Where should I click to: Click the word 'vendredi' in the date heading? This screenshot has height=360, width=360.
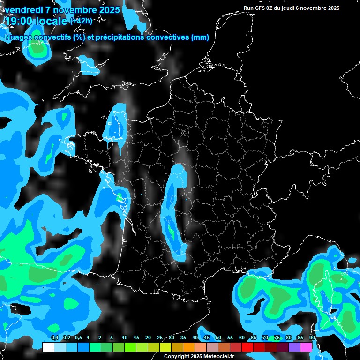(23, 9)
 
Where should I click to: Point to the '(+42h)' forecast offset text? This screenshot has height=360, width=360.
(81, 21)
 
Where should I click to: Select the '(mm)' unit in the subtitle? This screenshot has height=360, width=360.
(200, 37)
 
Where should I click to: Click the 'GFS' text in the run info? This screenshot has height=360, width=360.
(262, 8)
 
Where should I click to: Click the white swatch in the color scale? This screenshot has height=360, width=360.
(48, 347)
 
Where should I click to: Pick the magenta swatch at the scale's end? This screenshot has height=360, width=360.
(306, 347)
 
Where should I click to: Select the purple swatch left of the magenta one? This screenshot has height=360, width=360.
(294, 347)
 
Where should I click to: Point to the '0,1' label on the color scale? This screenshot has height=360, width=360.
(55, 337)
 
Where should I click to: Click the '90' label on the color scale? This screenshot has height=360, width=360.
(312, 337)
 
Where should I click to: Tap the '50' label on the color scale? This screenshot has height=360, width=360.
(218, 337)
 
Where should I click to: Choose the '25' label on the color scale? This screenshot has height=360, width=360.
(160, 337)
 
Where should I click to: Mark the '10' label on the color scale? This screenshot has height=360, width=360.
(125, 337)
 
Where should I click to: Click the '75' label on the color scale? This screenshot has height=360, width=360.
(277, 337)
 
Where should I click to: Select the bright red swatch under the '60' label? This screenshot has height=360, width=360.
(247, 347)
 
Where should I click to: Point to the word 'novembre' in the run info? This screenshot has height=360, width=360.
(311, 8)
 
